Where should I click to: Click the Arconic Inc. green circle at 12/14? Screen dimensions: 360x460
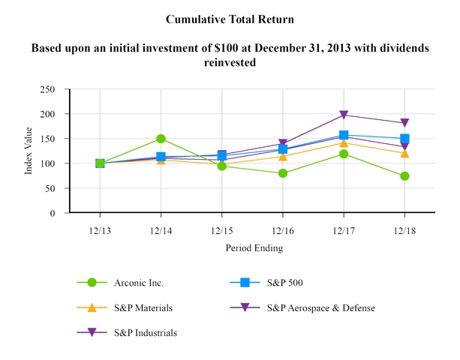[161, 139]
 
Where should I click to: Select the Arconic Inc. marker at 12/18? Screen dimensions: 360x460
[404, 176]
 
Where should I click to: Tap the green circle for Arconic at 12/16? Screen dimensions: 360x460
[283, 173]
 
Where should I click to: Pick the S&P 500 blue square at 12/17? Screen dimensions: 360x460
[344, 136]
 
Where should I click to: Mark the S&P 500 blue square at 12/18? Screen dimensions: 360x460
[404, 139]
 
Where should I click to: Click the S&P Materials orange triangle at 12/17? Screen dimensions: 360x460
[344, 143]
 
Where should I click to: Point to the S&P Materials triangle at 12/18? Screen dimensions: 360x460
[404, 154]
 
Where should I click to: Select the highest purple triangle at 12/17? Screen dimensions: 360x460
[344, 115]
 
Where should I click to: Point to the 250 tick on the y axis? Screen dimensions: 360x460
[54, 89]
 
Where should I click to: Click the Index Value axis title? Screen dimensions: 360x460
[29, 151]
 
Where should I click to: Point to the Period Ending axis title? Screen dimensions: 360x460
[252, 247]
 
